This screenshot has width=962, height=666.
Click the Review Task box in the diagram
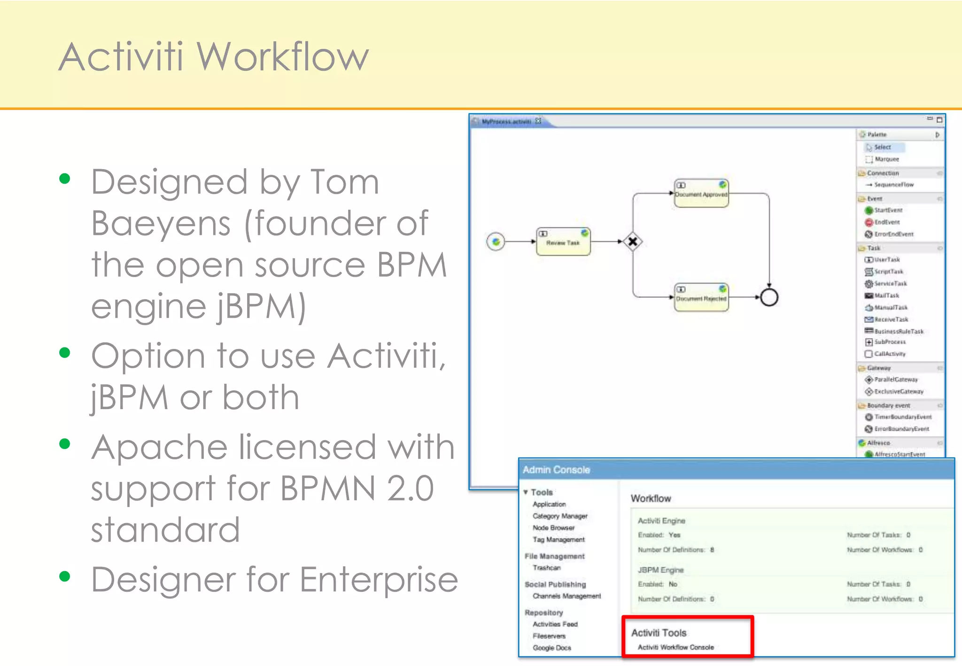pos(563,241)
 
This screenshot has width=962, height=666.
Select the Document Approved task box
pos(701,193)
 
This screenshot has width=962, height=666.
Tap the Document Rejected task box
pos(701,297)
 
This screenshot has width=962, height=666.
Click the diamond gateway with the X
pos(633,241)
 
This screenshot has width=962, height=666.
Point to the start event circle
pos(496,241)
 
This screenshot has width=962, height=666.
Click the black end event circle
pos(769,297)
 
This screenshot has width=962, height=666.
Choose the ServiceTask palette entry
pos(890,284)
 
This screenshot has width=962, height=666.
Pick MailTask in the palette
pos(886,295)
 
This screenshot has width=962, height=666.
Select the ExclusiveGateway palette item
pos(898,391)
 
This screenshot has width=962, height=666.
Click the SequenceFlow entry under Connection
pos(893,185)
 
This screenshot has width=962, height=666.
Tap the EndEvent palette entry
pos(887,222)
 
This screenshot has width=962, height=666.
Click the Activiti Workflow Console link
pos(675,647)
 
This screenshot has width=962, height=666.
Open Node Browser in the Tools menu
pos(553,528)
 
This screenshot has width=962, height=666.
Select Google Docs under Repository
pos(552,648)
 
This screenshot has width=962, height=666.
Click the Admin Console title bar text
pos(556,470)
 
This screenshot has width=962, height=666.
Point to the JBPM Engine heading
pos(660,570)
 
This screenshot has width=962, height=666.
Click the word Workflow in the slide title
pos(282,57)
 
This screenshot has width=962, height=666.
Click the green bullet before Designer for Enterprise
pos(65,576)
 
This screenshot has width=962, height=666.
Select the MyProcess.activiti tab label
pos(506,122)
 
